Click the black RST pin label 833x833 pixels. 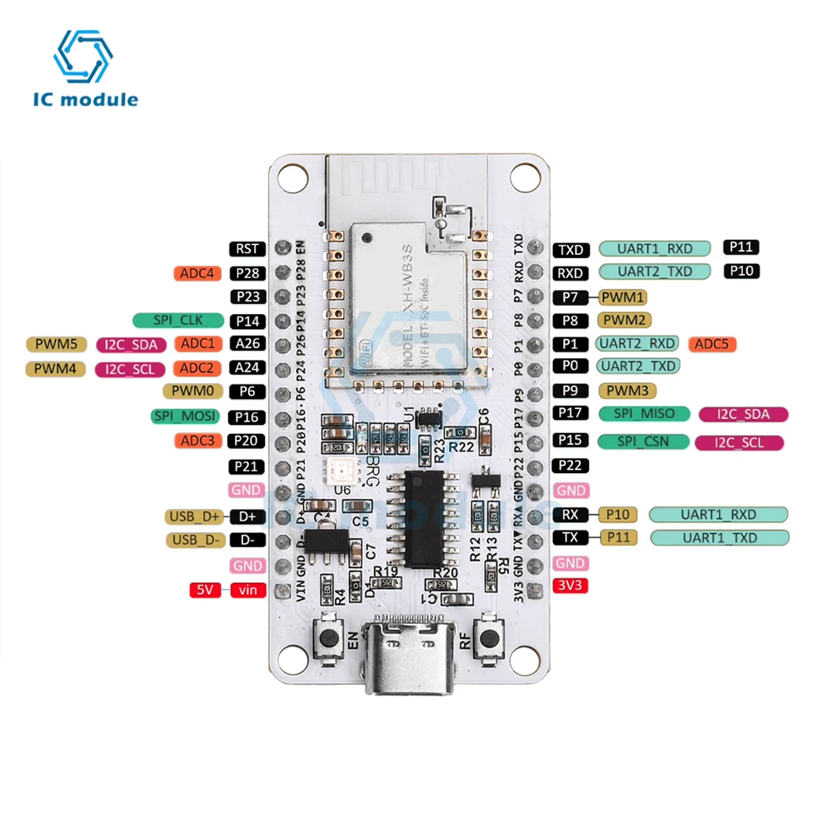[x=247, y=248]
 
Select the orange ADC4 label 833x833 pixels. [x=197, y=272]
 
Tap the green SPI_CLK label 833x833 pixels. [x=178, y=320]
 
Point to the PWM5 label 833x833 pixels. [x=56, y=344]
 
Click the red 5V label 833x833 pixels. [x=205, y=590]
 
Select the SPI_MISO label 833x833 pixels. [x=644, y=414]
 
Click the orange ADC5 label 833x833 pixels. [x=711, y=343]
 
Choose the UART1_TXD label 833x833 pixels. [x=720, y=538]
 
